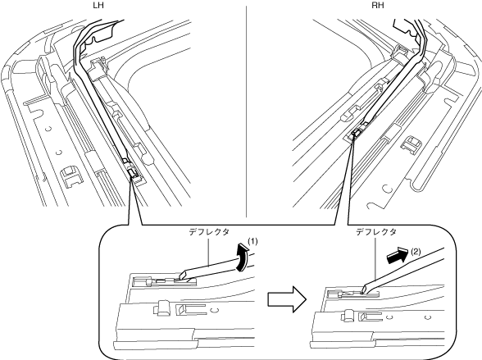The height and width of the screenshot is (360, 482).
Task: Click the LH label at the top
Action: [x=98, y=5]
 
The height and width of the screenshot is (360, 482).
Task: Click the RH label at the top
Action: [x=378, y=5]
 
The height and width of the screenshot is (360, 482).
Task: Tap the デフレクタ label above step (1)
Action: [x=209, y=232]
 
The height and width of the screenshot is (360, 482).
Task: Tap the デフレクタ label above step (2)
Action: [x=376, y=232]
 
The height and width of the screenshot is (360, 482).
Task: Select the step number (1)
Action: [x=252, y=242]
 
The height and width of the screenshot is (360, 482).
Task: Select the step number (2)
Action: [x=416, y=252]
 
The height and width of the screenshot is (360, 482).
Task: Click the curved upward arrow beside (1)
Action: [x=242, y=257]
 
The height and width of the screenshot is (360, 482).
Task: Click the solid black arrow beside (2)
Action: [x=397, y=255]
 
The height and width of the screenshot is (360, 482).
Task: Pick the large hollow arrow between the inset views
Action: [x=287, y=299]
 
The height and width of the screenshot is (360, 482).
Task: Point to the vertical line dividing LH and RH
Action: [x=246, y=112]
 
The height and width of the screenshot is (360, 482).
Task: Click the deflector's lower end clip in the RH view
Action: [x=356, y=133]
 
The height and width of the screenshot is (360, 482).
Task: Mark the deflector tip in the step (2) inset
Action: [x=364, y=289]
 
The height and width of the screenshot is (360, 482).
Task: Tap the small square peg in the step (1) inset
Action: [x=162, y=308]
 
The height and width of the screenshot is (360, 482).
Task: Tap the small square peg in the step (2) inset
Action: [x=348, y=316]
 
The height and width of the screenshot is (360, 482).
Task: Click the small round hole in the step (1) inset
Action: [x=216, y=310]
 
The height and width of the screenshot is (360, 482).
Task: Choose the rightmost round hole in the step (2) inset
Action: [x=428, y=317]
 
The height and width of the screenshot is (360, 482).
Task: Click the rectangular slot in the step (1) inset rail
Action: [x=190, y=310]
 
